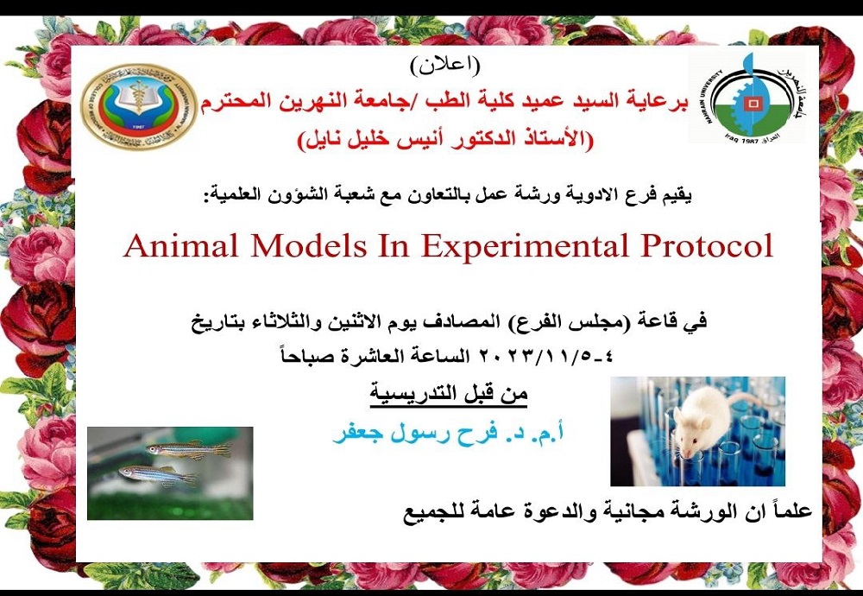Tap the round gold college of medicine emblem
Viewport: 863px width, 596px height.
[138, 106]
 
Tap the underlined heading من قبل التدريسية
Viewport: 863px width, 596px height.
[449, 396]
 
